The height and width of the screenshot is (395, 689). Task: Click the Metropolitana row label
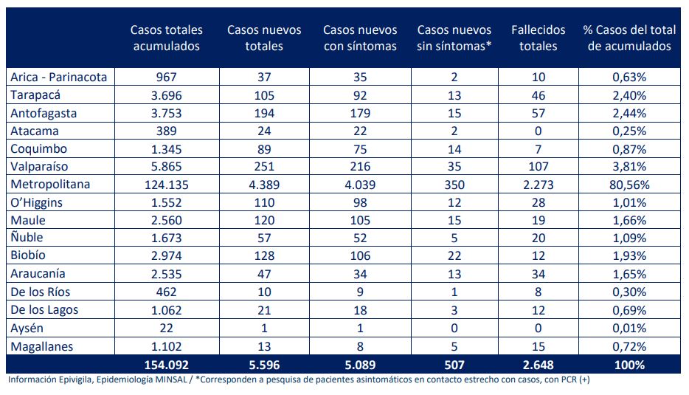pos(50,184)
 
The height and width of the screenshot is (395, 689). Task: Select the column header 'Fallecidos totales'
pos(539,38)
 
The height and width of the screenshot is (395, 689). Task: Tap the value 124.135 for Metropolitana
pos(166,184)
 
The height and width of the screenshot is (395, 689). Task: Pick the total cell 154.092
pos(166,365)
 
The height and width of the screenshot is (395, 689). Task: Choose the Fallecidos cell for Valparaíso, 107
pos(539,166)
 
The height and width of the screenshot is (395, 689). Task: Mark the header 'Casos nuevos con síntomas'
pos(360,38)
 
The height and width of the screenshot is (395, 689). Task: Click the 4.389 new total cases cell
pos(264,184)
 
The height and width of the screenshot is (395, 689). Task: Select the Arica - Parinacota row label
pos(59,76)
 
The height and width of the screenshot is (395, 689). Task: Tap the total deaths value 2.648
pos(539,365)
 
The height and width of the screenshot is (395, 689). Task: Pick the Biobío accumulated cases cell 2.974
pos(166,256)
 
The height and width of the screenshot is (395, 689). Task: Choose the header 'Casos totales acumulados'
pos(166,38)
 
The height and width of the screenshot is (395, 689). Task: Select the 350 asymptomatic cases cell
pos(454,184)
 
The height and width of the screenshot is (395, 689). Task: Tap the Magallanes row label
pos(43,346)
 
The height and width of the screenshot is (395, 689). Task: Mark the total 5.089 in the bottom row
pos(360,365)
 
